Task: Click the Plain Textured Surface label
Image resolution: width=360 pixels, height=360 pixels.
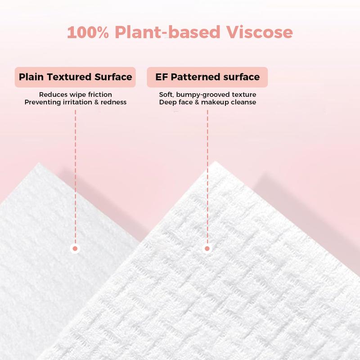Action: [75, 77]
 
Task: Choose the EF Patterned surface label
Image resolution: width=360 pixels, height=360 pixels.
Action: [207, 77]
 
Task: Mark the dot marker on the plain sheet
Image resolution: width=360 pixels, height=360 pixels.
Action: [75, 248]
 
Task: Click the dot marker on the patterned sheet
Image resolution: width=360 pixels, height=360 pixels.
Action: [207, 248]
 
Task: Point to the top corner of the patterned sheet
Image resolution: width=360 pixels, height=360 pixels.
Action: [215, 162]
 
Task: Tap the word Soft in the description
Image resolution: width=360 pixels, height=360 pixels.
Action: [166, 94]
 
